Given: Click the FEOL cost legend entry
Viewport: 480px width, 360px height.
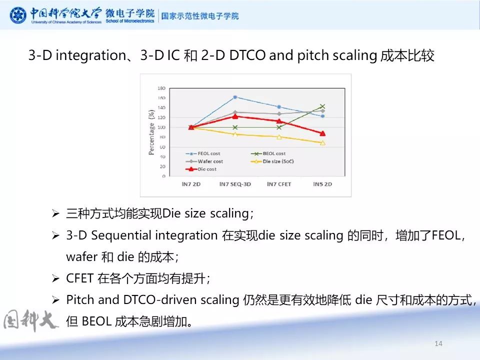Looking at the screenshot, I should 205,153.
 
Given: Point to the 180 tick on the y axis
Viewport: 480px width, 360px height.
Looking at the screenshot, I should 161,88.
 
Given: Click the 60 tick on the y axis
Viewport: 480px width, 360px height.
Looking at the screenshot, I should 162,147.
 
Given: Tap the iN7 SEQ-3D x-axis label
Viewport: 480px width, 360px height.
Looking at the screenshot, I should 235,184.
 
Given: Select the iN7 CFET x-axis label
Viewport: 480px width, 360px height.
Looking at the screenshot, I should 279,184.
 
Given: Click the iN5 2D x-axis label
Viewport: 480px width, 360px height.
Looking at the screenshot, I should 322,184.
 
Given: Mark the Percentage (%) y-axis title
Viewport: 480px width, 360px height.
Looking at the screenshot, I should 151,132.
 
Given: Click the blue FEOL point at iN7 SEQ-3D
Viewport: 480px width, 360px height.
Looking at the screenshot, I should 235,97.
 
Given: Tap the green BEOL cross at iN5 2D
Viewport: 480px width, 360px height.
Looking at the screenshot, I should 322,106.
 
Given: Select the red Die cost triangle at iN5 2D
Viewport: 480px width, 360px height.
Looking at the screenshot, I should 322,133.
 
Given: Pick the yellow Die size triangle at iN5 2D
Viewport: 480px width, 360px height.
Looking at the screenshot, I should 322,143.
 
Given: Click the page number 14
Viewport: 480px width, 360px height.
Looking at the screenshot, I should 438,343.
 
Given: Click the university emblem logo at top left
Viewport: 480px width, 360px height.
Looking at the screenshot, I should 18,15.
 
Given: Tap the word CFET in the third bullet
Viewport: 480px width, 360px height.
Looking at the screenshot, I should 80,278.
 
